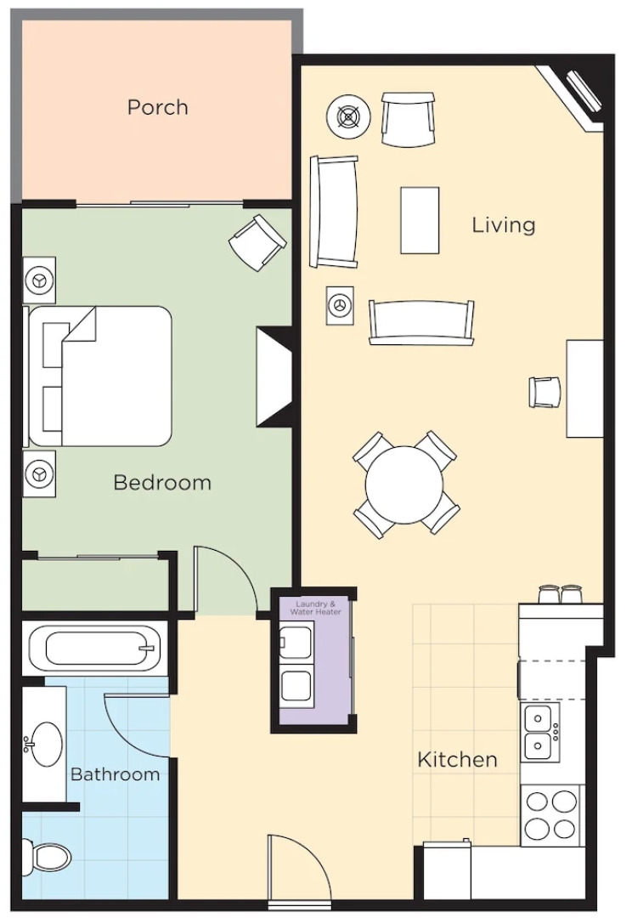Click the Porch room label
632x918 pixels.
[x=157, y=108]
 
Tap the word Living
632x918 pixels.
[x=504, y=225]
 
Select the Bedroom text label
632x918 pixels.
[x=162, y=483]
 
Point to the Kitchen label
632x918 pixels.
[x=457, y=759]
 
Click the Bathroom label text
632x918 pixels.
[x=115, y=774]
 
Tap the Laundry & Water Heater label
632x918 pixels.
[x=313, y=608]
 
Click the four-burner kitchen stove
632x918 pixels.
[x=551, y=814]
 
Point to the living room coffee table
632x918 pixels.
[x=420, y=220]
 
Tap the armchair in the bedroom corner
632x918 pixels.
[x=257, y=241]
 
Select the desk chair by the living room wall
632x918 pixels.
[x=545, y=391]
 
